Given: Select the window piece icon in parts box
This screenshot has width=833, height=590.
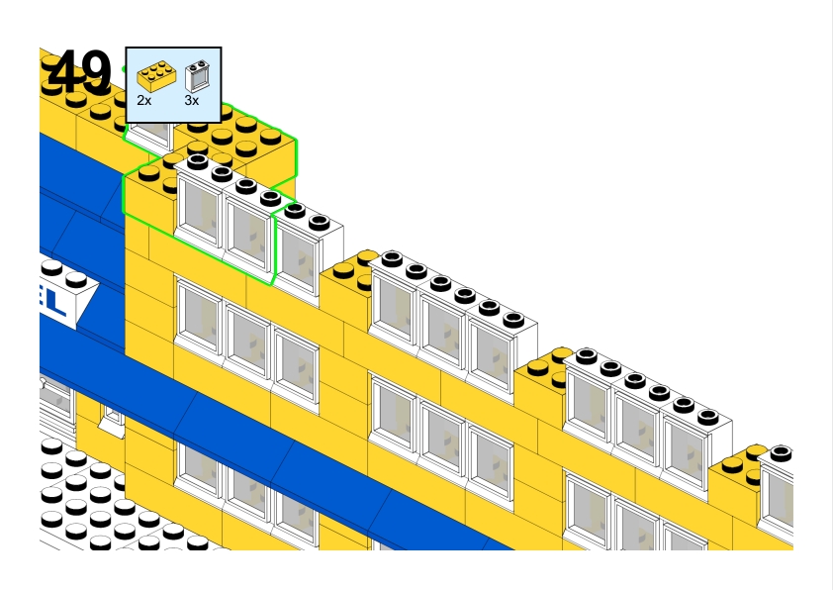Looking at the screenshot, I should coord(197,74).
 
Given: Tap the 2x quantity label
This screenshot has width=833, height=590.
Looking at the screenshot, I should coord(144,100).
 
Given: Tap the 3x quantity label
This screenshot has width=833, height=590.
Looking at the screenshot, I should coord(192,100).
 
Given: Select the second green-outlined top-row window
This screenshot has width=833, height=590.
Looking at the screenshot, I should coord(246,230).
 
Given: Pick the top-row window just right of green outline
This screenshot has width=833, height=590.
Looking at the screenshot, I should coord(296,254).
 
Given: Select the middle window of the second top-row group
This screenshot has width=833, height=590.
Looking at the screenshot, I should coord(441,327).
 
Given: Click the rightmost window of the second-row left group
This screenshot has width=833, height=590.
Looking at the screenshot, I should coord(296,366).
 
